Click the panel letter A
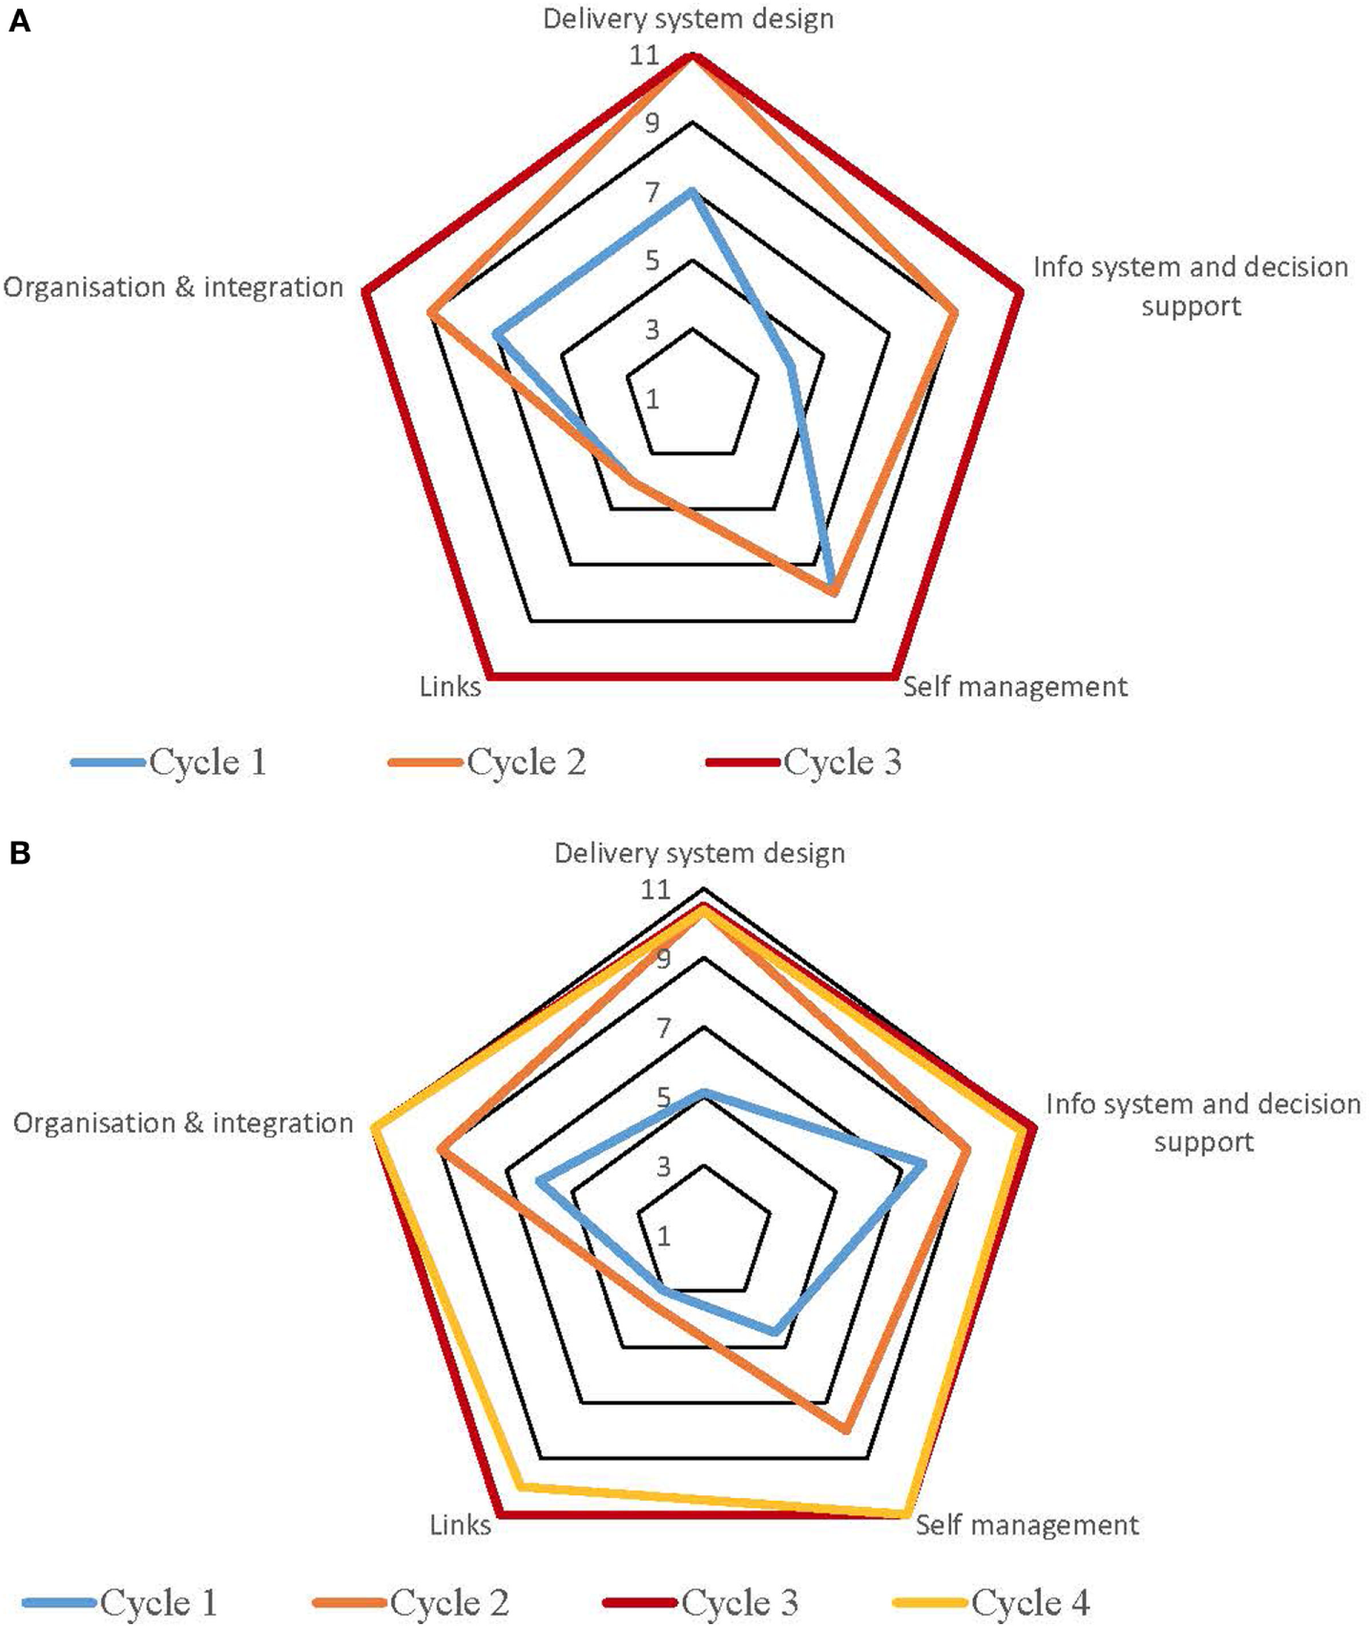(19, 20)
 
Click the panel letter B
(19, 852)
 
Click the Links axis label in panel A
(450, 687)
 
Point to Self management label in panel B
(1027, 1525)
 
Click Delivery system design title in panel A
(688, 19)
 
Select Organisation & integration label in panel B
(183, 1123)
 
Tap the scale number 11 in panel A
(645, 55)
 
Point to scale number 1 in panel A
(653, 399)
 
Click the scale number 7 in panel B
(663, 1028)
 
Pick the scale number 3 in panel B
(663, 1166)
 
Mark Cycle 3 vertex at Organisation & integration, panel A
(364, 290)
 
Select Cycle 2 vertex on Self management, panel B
(844, 1430)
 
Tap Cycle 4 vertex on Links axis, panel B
(520, 1486)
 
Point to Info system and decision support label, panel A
(1191, 286)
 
